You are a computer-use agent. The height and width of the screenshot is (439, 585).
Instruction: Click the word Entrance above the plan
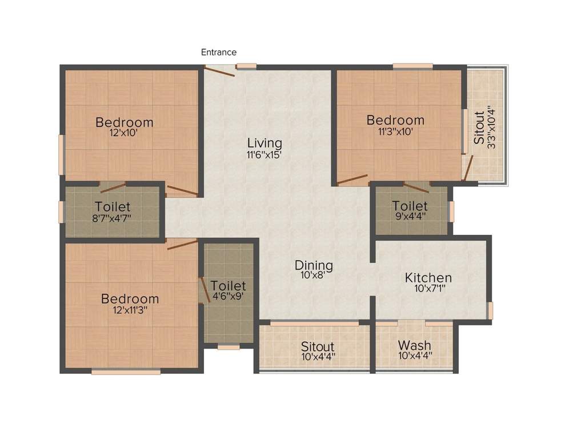coord(218,52)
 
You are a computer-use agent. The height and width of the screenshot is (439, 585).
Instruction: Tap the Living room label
coord(265,142)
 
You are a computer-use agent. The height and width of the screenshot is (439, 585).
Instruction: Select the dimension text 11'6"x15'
coord(265,154)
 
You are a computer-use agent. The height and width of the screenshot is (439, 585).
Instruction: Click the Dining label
coord(314,265)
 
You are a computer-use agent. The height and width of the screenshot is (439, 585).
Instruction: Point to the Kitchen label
coord(428,278)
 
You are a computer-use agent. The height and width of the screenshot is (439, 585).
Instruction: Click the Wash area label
coord(415,345)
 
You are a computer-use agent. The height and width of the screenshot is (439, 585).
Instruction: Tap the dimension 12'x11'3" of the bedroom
coord(131,310)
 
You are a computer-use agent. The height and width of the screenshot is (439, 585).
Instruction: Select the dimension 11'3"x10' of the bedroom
coord(395,131)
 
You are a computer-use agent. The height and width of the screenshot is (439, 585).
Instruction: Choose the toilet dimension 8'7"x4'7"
coord(113,218)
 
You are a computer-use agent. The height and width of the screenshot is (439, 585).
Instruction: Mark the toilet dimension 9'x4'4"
coord(410,217)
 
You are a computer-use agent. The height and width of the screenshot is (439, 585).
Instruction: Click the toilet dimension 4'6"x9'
coord(228,297)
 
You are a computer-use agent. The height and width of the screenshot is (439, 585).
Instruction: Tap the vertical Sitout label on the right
coord(480,127)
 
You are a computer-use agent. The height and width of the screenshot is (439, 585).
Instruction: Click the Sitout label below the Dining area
coord(318,346)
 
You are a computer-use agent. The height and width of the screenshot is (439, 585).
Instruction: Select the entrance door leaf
coord(219,71)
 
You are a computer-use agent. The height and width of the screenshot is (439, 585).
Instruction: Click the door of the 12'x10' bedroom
coord(182,190)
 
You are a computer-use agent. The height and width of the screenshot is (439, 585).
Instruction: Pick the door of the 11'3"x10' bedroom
coord(352,180)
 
